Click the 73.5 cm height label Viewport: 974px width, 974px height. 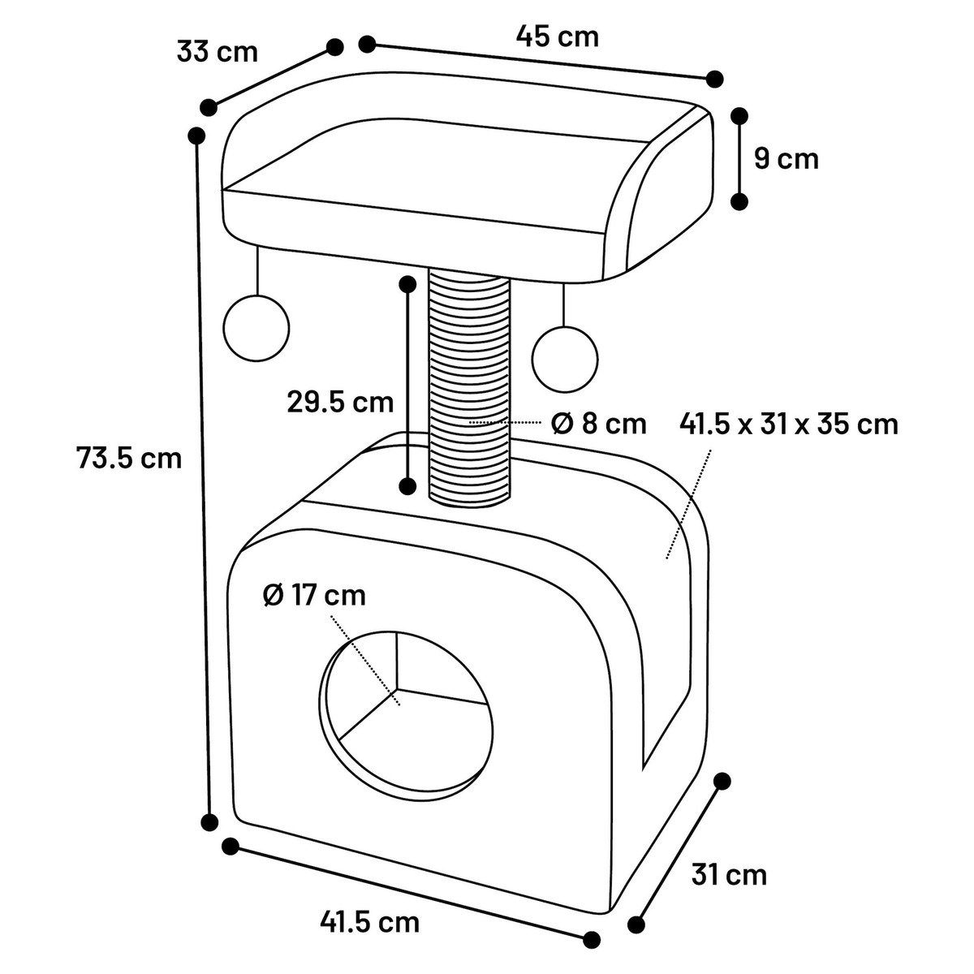coord(129,459)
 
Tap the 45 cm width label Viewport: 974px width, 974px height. coord(557,37)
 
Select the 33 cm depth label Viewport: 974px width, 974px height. coord(217,52)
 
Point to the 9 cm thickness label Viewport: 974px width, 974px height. coord(786,158)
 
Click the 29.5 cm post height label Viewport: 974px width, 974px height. coord(340,402)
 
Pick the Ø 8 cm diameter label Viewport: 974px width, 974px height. coord(598,424)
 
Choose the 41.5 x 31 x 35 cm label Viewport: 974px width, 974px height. coord(789,424)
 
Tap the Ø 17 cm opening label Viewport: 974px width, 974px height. coord(314,595)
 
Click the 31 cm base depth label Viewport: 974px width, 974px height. coord(728,874)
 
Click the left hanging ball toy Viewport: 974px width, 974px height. coord(256,328)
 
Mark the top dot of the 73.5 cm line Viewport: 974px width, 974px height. coord(196,136)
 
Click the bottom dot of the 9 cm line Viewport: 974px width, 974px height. coord(739,201)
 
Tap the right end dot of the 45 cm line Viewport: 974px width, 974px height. coord(715,79)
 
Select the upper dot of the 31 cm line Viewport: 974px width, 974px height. coord(722,781)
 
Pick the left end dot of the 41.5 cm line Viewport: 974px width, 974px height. coord(231,846)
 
